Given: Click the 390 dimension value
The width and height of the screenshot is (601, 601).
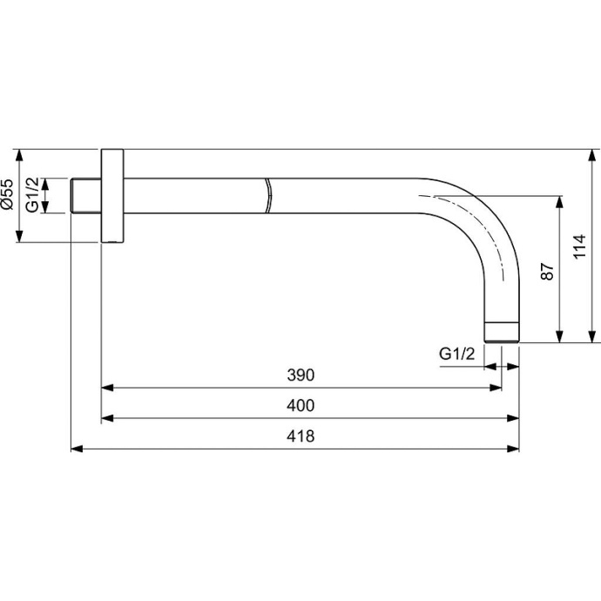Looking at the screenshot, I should coord(300,375).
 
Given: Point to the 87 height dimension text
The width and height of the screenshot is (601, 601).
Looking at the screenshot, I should coord(547,270).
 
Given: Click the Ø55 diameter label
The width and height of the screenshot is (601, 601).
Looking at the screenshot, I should coord(8,195).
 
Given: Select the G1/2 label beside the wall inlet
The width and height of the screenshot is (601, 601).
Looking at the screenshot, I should coord(32,195).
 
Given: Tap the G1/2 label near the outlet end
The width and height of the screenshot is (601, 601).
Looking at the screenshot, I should coord(456,355).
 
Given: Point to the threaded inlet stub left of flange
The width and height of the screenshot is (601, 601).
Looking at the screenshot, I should coord(85,195).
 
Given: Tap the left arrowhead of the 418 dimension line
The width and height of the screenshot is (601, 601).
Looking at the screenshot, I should coord(75,449).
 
